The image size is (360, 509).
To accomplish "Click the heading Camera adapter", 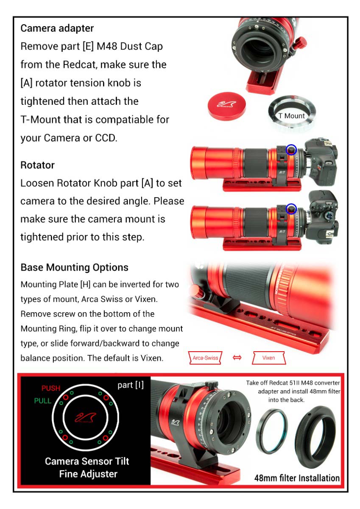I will click(x=57, y=28).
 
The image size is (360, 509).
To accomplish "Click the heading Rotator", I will click(x=37, y=165).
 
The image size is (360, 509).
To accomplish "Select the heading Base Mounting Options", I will click(x=74, y=267).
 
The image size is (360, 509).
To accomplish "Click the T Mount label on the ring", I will click(x=291, y=115).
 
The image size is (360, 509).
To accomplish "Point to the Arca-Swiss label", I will click(x=205, y=358).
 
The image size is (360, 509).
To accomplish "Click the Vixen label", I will click(x=268, y=358).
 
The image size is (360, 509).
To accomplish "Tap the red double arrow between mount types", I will click(x=237, y=358).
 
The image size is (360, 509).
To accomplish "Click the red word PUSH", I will click(x=51, y=388).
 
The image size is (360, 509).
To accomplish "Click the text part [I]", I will click(x=131, y=385).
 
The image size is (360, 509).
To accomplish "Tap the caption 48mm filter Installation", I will click(x=297, y=478).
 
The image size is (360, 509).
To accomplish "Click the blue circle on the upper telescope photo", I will click(x=291, y=149).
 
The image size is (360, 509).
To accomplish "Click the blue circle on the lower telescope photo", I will click(x=291, y=209).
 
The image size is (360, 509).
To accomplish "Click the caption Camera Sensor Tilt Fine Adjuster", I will click(x=87, y=467).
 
